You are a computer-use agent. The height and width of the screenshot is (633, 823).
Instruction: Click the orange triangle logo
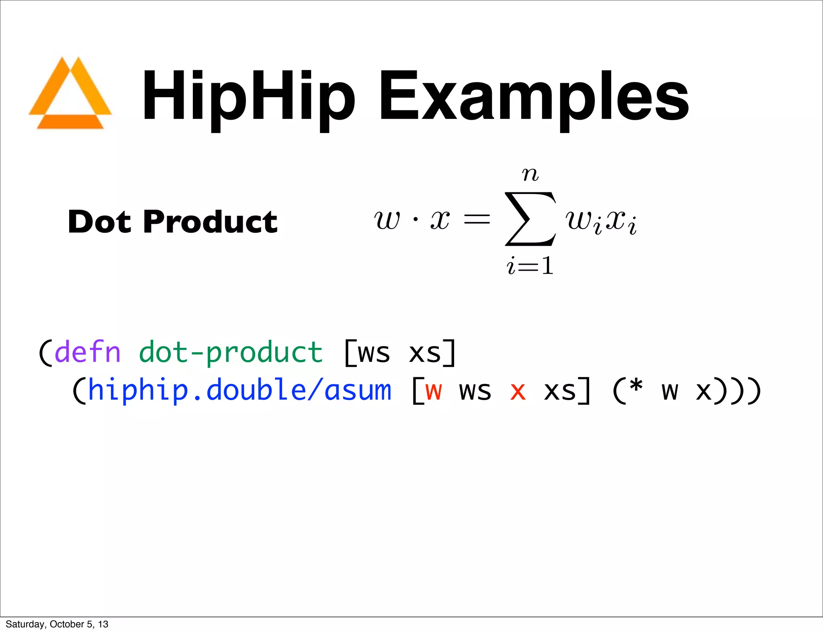tap(70, 94)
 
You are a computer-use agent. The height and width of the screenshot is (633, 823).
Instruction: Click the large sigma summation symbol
tap(530, 219)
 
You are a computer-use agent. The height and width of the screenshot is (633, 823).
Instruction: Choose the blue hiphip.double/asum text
tap(240, 390)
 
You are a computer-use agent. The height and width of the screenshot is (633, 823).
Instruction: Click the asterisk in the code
tap(636, 386)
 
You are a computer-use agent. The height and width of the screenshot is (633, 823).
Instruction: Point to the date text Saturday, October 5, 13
tap(57, 624)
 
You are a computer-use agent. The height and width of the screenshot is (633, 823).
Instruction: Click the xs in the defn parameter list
tap(425, 353)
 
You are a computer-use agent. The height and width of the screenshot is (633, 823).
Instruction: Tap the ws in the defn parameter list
tap(374, 353)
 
